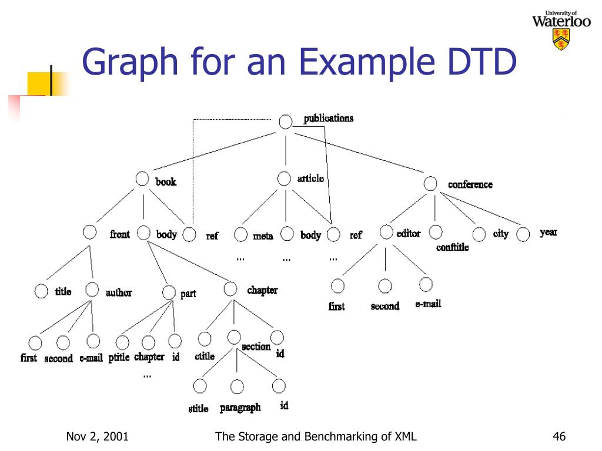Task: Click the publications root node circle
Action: tap(285, 122)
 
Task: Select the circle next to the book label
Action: tap(142, 179)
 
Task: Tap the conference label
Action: tap(470, 184)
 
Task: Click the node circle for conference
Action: tap(430, 183)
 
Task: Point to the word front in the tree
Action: tap(120, 234)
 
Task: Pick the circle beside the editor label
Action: tap(386, 232)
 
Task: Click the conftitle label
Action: tap(452, 247)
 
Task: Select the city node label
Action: tap(501, 234)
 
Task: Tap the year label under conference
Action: tap(549, 232)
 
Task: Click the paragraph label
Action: tap(240, 408)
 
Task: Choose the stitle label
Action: tap(198, 409)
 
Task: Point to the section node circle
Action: tap(234, 337)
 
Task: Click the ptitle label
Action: tap(119, 358)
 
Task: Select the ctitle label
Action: tap(205, 356)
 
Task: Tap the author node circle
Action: tap(92, 289)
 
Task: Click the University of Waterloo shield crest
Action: tap(561, 39)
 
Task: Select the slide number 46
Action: tap(559, 436)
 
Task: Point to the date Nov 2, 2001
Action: tap(98, 436)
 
